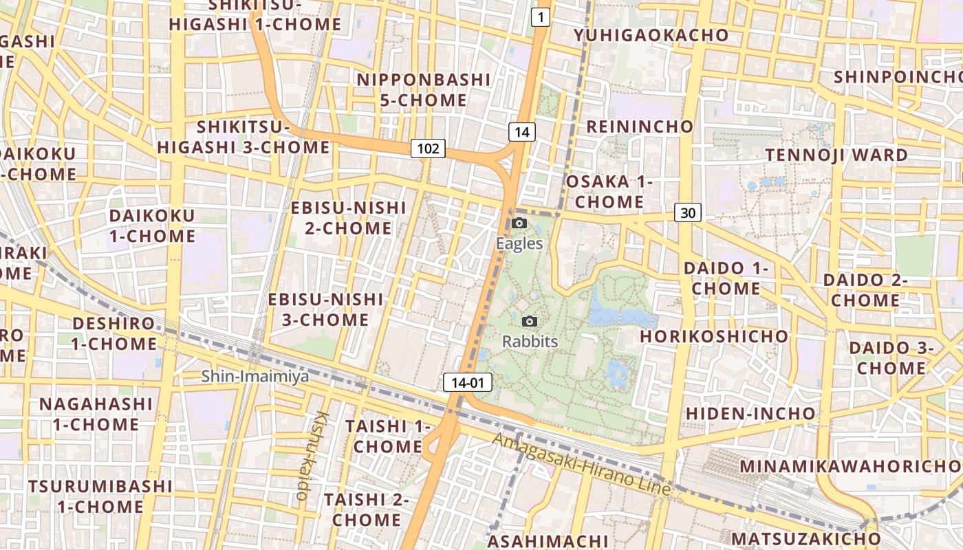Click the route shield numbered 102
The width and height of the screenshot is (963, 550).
coord(428,148)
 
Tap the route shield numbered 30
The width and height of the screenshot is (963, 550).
coord(688,213)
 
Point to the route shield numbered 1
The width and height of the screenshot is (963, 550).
coord(541,18)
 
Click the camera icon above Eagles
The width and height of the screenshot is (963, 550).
coord(519,223)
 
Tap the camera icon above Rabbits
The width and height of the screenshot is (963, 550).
coord(530,321)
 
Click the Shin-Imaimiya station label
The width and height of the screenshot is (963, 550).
coord(255,376)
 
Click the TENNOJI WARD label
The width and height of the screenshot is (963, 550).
coord(837,155)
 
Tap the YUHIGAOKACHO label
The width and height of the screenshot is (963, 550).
coord(651,35)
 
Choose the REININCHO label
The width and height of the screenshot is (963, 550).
coord(640,126)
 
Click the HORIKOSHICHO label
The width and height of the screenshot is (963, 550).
coord(714,336)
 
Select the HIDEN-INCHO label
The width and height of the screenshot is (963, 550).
coord(750,414)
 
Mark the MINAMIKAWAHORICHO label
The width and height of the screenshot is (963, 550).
coord(851,466)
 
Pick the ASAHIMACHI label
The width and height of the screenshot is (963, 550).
coord(548,541)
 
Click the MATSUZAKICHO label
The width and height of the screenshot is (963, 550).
coord(805,538)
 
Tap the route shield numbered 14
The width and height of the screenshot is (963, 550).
coord(523,132)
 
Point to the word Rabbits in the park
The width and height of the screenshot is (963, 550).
coord(530,341)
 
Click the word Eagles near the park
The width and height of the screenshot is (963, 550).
coord(519,243)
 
